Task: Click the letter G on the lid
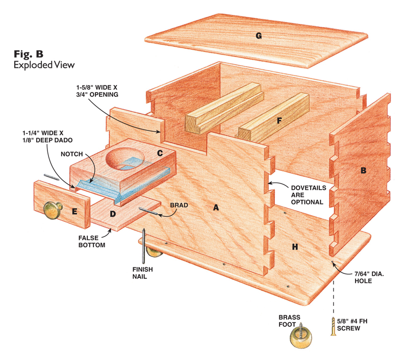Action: [259, 36]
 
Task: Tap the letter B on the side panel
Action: [364, 170]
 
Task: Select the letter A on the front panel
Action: [216, 208]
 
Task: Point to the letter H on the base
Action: [295, 247]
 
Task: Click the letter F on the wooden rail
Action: [279, 120]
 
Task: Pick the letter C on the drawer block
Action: [160, 153]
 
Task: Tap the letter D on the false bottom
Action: [113, 214]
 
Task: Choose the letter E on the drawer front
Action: [74, 211]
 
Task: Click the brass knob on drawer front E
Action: [53, 210]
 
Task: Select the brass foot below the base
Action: [301, 335]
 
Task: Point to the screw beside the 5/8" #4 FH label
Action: [334, 326]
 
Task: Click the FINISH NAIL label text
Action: [143, 273]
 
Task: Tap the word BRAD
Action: [179, 205]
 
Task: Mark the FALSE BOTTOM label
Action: [92, 241]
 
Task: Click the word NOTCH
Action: [71, 154]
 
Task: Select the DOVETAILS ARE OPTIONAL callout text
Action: [309, 195]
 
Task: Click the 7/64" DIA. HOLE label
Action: [369, 277]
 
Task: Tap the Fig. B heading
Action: [29, 54]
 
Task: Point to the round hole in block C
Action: [125, 159]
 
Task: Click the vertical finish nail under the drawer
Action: [143, 246]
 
